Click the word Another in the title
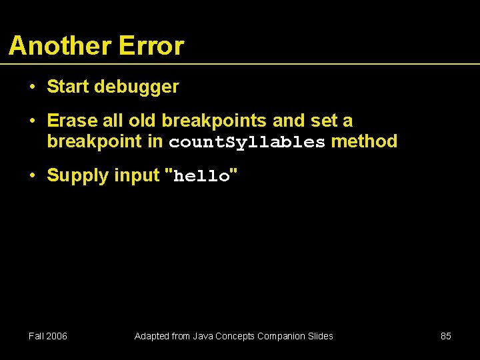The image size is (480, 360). (x=60, y=46)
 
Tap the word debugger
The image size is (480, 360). (x=137, y=87)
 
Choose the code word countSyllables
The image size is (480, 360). (x=247, y=142)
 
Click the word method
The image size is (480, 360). (x=364, y=141)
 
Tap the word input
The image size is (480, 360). (x=137, y=176)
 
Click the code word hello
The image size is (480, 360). (x=201, y=177)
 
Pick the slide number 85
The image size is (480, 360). (x=446, y=336)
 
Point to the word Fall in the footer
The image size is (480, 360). (x=36, y=336)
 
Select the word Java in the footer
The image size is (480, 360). (x=204, y=336)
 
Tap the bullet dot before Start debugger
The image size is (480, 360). (x=31, y=87)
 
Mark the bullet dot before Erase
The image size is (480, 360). (x=31, y=121)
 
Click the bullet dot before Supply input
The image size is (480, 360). (x=31, y=176)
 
